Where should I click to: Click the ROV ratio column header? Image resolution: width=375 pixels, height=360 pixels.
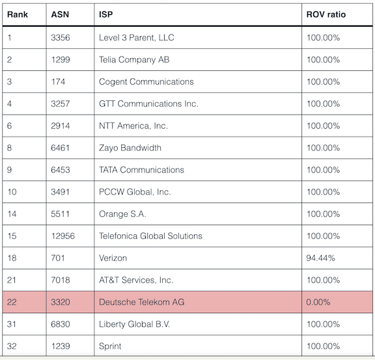326,14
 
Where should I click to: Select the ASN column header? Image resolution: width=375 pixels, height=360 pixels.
60,14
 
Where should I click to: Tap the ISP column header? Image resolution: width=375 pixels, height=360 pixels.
105,14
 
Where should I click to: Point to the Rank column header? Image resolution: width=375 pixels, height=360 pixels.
18,14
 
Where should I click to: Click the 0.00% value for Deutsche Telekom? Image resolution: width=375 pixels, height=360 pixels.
318,302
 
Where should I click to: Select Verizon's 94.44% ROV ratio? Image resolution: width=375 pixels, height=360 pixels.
320,258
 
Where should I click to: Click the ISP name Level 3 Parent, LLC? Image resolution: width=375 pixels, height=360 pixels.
137,38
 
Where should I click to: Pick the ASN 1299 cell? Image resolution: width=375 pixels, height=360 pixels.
61,60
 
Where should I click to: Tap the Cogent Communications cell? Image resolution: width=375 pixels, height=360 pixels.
146,82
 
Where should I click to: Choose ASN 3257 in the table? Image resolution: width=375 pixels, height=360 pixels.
61,104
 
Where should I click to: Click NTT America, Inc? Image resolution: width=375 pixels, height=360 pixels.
133,126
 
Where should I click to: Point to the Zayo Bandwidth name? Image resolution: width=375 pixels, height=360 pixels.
130,148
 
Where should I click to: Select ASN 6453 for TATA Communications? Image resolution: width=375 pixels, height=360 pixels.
61,170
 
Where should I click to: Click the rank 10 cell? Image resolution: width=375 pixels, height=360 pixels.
12,192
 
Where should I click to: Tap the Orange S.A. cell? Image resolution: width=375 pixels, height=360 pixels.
122,214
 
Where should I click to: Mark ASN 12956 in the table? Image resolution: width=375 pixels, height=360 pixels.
63,236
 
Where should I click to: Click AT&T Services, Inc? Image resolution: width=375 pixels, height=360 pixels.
136,280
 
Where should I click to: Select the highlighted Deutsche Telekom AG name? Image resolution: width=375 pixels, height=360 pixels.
141,302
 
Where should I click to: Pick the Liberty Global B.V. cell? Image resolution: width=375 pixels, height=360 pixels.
134,324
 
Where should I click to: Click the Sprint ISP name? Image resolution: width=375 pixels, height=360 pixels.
110,346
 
